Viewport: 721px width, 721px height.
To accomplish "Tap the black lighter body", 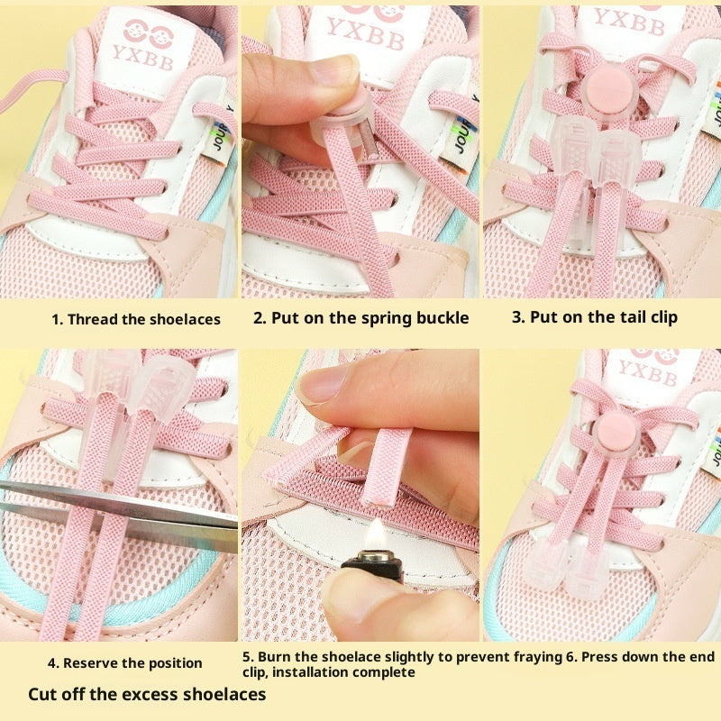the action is click(x=372, y=567).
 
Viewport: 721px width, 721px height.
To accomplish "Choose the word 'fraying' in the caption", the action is click(x=537, y=658).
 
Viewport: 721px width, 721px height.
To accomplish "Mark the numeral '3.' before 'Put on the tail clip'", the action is click(x=519, y=317).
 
